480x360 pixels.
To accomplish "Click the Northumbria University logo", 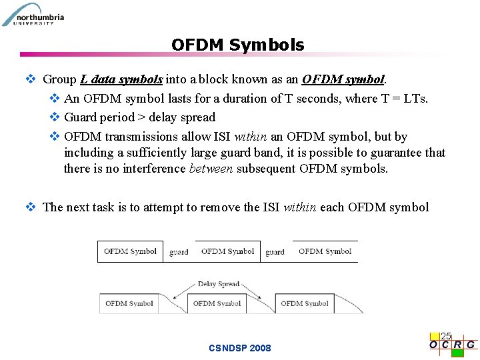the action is [x=33, y=14].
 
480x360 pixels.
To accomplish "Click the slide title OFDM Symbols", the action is [x=237, y=45].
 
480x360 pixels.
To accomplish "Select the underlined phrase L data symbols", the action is [x=121, y=79].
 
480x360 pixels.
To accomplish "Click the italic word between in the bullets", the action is [x=211, y=169].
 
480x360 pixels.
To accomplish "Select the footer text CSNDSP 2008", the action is [x=240, y=348].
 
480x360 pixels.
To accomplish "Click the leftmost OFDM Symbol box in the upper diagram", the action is [x=130, y=251].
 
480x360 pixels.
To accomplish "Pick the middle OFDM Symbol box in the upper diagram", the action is [x=227, y=251].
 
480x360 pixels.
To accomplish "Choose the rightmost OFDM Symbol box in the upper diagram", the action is [x=325, y=251].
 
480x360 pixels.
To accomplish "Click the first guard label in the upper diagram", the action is [x=179, y=253].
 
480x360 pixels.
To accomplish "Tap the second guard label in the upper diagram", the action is [x=275, y=253].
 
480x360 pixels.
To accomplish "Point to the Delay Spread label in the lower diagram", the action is [x=219, y=284].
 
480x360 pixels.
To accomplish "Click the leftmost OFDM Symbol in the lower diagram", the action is [x=129, y=303].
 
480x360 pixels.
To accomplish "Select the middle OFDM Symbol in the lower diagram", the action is [x=217, y=303].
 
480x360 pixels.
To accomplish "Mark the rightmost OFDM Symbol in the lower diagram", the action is [x=305, y=303].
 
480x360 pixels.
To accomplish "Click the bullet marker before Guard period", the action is [x=55, y=117].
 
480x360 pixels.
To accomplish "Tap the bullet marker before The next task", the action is [x=30, y=207].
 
